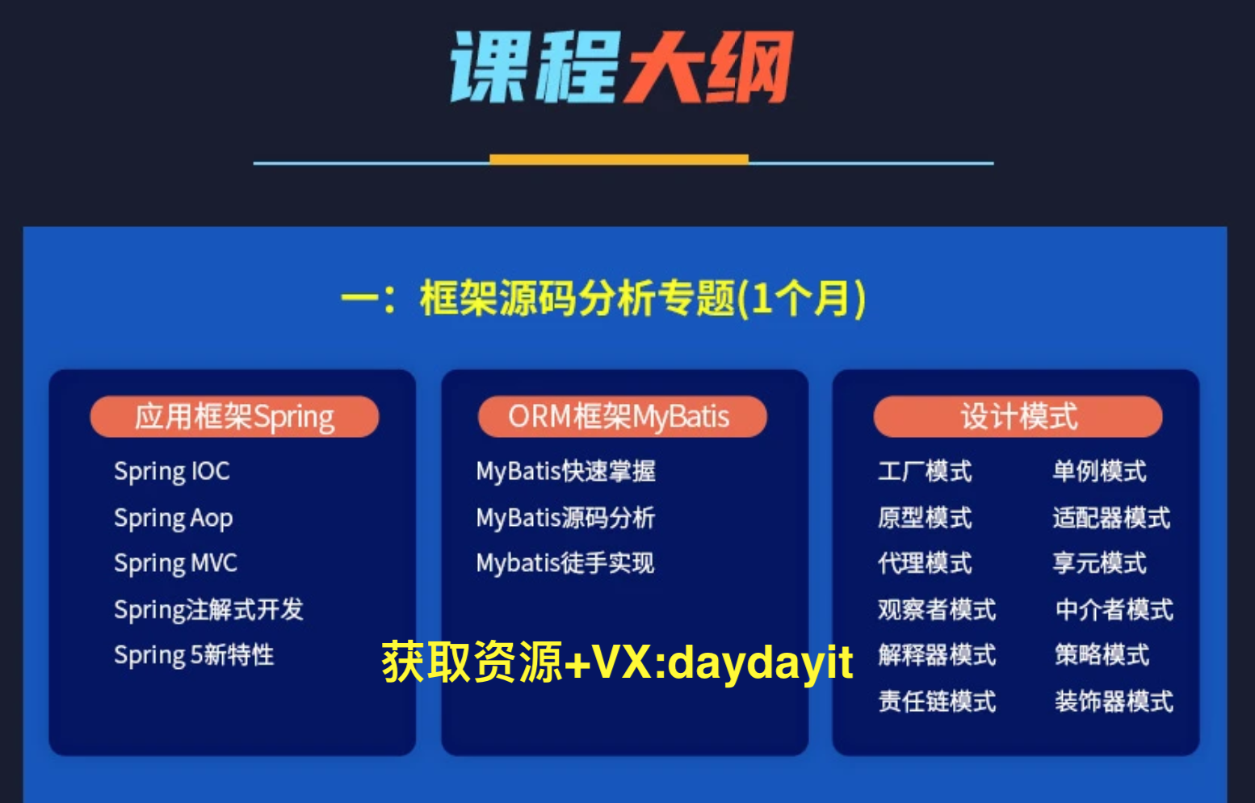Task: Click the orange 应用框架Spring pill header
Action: [234, 417]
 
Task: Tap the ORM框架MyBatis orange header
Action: [622, 417]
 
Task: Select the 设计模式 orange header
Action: [1018, 417]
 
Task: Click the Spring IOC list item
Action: [172, 472]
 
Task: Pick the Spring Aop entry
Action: [174, 518]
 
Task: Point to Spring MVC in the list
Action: [176, 563]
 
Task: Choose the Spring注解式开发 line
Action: [208, 610]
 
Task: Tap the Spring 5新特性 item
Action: [194, 655]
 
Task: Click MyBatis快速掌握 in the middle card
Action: [565, 472]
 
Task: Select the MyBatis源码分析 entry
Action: [565, 518]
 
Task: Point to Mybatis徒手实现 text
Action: [565, 563]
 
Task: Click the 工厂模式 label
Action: [925, 472]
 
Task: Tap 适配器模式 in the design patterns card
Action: [1111, 518]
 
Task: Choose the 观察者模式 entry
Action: [937, 610]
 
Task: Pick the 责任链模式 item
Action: [937, 701]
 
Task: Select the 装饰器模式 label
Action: [1114, 701]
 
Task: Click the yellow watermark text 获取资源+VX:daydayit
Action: [617, 662]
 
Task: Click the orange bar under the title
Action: [619, 159]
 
